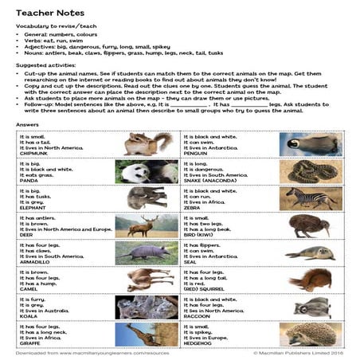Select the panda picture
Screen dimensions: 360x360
point(147,170)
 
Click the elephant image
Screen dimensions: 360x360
point(147,198)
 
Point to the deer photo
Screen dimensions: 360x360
point(147,225)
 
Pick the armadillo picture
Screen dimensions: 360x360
point(147,252)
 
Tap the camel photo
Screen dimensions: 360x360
point(147,279)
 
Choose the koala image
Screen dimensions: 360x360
point(147,306)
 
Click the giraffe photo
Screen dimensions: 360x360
point(147,332)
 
